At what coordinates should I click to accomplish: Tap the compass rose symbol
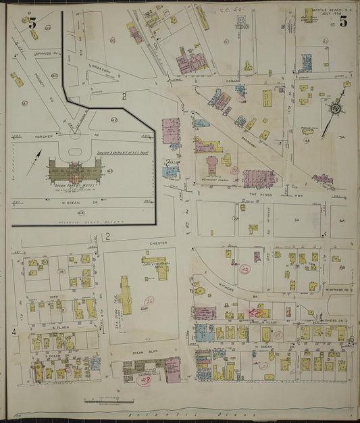(x=335, y=108)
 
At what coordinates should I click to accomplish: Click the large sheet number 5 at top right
(x=343, y=21)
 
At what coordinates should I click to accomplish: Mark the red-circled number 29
(x=143, y=381)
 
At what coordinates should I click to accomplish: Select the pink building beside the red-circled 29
(x=174, y=370)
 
